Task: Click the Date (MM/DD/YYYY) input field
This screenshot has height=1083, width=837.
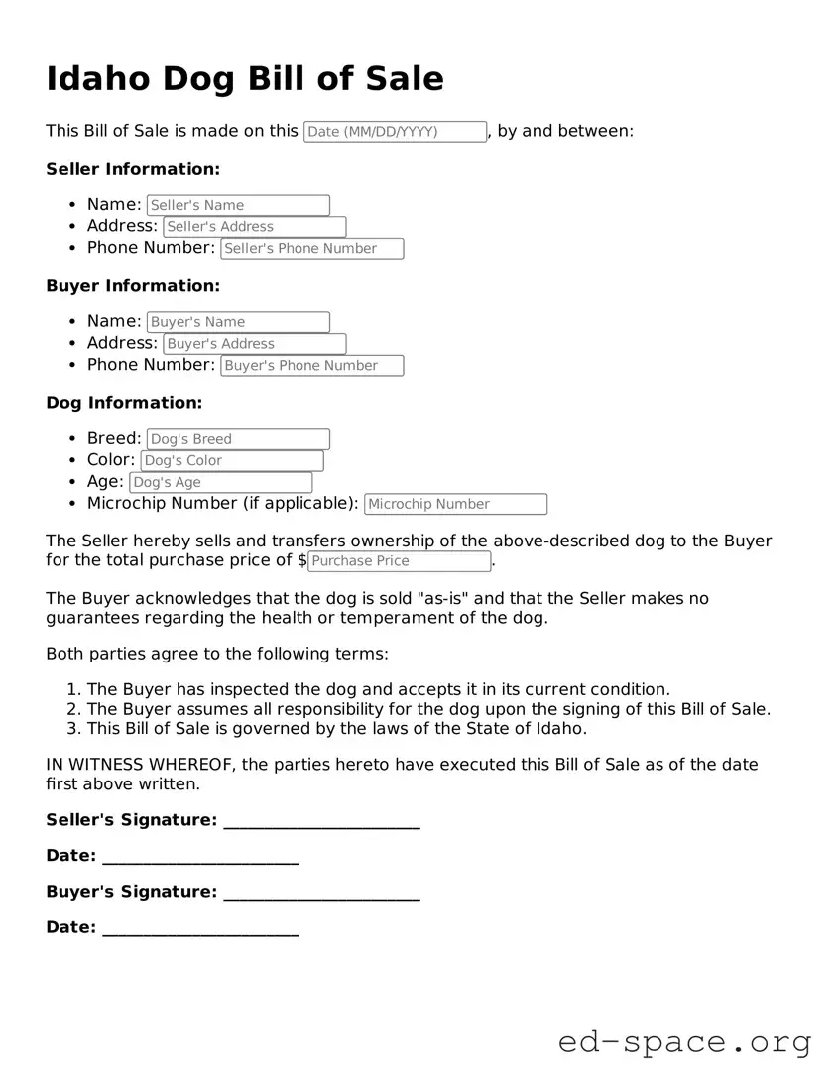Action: [x=395, y=132]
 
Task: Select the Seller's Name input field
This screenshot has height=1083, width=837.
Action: [x=238, y=205]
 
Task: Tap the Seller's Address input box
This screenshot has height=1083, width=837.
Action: [x=254, y=227]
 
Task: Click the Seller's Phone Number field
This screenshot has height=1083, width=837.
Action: [x=311, y=249]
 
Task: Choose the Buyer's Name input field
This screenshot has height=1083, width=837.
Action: [x=238, y=322]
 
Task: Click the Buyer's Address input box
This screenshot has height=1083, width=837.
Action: [x=254, y=344]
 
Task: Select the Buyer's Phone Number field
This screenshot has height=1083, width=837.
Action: [x=311, y=366]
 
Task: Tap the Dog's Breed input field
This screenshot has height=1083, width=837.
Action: [x=238, y=439]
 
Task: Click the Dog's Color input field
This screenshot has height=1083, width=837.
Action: [x=232, y=461]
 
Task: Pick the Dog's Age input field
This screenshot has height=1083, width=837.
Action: [x=220, y=483]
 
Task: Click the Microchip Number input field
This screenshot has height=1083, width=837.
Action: [x=455, y=504]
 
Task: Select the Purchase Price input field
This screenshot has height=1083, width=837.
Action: [x=399, y=561]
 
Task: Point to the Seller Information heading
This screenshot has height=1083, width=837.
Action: [x=133, y=169]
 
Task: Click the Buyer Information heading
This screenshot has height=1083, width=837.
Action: [x=133, y=286]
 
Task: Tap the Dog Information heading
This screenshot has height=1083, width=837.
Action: [x=124, y=403]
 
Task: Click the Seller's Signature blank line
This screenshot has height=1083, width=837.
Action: [x=321, y=821]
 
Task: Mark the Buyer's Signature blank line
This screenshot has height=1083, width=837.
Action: [x=321, y=893]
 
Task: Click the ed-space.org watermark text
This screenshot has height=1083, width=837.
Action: [x=684, y=1043]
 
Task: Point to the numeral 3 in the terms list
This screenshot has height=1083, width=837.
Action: [x=72, y=729]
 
